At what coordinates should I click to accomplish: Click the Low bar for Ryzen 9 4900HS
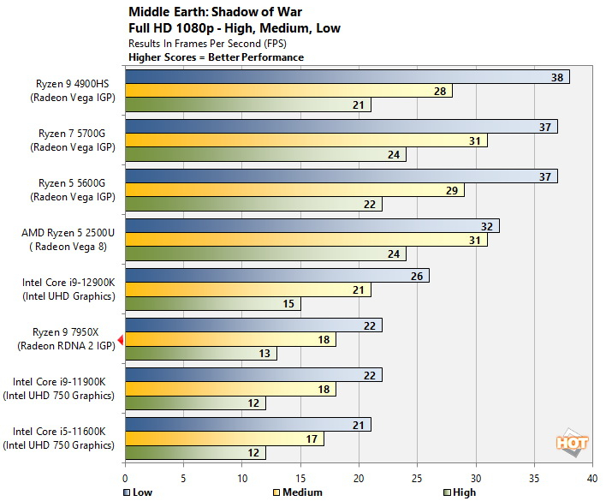[347, 77]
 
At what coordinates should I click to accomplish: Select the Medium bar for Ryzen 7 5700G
[306, 140]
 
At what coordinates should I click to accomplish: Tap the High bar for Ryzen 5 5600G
[253, 205]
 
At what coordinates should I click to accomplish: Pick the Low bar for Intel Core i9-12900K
[276, 276]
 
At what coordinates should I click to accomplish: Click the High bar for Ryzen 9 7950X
[200, 354]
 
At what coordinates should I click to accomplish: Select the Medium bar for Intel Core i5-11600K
[224, 438]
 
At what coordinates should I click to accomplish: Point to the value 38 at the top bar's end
[556, 77]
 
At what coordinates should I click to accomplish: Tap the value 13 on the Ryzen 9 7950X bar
[266, 354]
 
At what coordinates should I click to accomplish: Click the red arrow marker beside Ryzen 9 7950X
[121, 340]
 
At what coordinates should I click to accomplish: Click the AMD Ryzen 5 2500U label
[68, 233]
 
